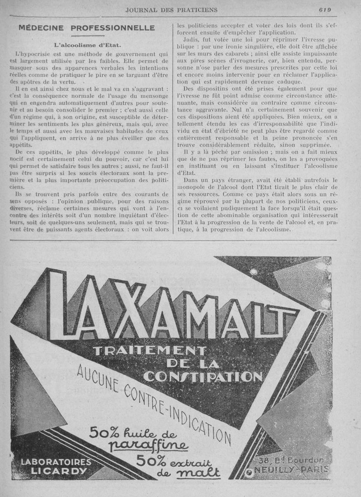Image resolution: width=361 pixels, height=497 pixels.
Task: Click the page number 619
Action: pyautogui.click(x=324, y=9)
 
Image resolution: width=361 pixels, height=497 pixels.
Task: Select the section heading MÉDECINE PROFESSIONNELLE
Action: pyautogui.click(x=87, y=28)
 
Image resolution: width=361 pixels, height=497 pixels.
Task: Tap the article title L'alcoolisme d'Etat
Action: pyautogui.click(x=87, y=45)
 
